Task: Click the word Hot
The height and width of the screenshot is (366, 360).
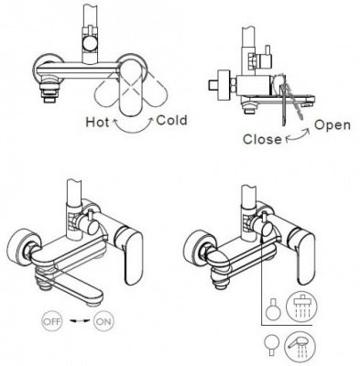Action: tap(97, 122)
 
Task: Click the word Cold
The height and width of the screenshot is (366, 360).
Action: tap(171, 120)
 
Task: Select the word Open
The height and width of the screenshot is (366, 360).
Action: tap(333, 125)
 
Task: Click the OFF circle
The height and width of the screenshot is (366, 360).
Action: tap(51, 321)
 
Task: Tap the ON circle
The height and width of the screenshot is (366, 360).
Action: tap(104, 321)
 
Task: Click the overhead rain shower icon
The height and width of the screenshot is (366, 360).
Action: tap(301, 306)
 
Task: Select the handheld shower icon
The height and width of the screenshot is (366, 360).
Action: tap(300, 347)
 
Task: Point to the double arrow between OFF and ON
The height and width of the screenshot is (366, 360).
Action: tap(78, 320)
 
